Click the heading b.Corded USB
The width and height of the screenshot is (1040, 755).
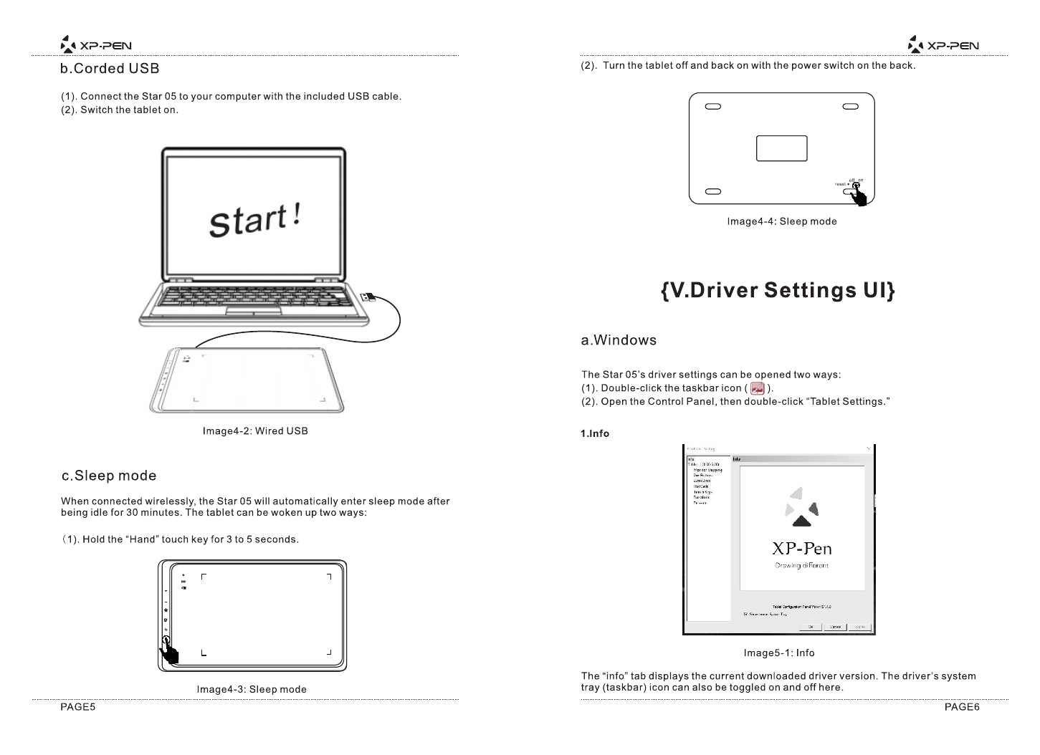point(110,69)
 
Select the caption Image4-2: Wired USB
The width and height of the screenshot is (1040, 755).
point(255,431)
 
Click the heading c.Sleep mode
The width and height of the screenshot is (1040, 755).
point(109,476)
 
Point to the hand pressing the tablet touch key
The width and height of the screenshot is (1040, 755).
point(169,652)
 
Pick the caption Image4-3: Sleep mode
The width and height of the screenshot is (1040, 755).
point(252,690)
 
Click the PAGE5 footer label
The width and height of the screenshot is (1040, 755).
point(77,708)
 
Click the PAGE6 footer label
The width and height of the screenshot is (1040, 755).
point(962,708)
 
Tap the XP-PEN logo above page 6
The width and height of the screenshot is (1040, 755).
point(943,46)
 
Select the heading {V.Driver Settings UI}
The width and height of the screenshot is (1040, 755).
point(778,291)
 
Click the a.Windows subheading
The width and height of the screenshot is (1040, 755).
point(619,340)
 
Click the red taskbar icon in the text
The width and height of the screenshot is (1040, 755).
point(756,388)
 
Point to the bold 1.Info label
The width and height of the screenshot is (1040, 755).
point(595,433)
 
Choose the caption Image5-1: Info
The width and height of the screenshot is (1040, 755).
point(779,653)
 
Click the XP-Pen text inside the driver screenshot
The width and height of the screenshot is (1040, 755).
point(801,549)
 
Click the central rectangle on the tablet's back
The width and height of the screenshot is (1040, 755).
point(781,148)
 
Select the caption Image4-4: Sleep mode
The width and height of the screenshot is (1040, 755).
point(782,221)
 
